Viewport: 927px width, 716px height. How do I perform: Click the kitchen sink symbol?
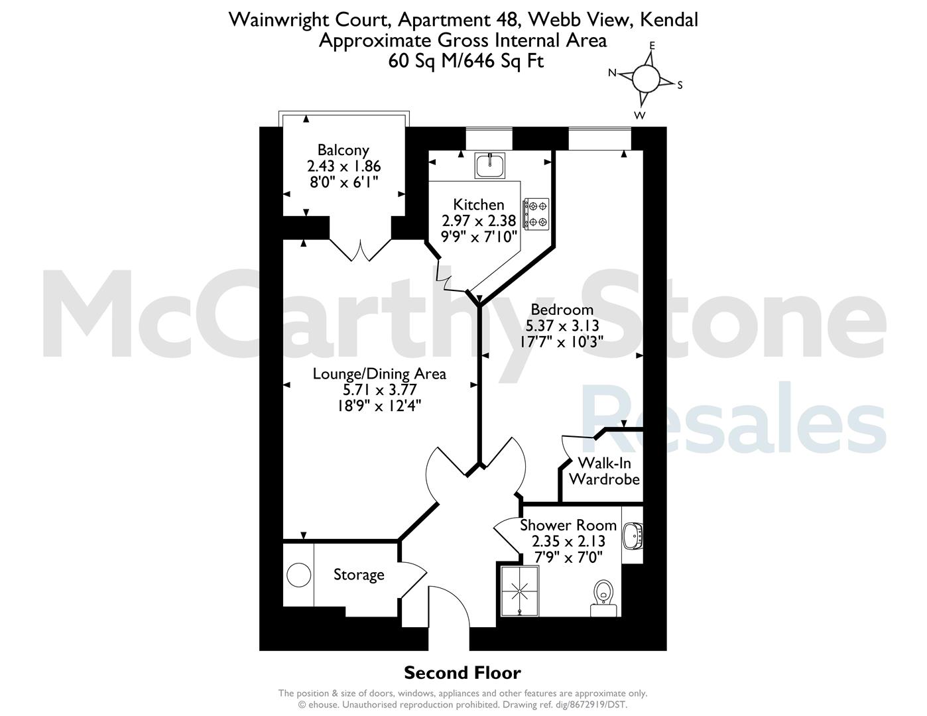[x=490, y=165]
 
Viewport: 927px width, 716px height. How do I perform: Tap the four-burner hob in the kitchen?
[x=536, y=214]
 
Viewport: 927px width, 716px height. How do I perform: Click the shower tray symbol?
[x=520, y=591]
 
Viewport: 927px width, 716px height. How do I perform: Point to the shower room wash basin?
[x=633, y=536]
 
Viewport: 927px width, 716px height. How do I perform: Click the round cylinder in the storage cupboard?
[x=298, y=574]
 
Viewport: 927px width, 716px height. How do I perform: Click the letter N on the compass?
[x=612, y=73]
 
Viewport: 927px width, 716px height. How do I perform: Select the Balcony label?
[x=343, y=150]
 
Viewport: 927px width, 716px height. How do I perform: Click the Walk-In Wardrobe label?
[x=604, y=471]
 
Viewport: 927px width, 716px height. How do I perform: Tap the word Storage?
[x=359, y=575]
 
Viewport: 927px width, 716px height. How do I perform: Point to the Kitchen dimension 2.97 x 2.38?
[x=479, y=221]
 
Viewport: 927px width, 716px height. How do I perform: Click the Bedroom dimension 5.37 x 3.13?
[x=562, y=326]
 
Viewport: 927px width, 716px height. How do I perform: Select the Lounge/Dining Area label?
[x=379, y=374]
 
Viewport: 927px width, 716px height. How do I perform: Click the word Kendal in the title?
[x=669, y=20]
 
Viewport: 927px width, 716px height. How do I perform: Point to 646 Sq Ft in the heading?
[x=503, y=61]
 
